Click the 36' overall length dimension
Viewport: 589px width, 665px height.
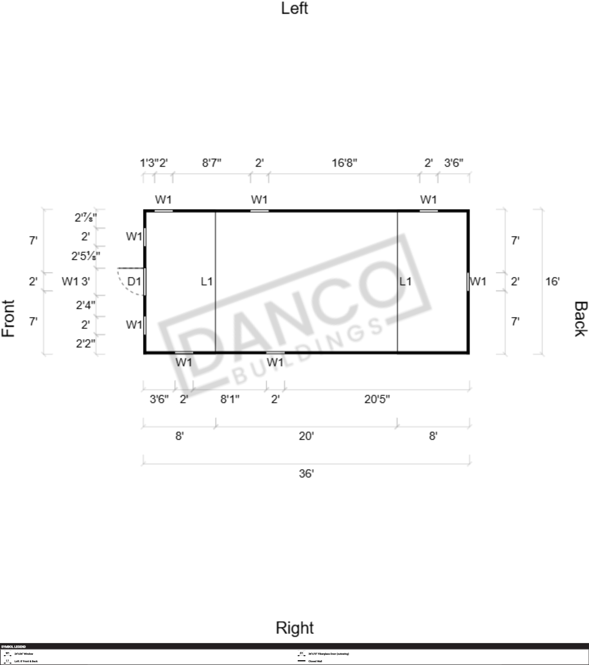tap(306, 473)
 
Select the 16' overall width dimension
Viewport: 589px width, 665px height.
tap(552, 282)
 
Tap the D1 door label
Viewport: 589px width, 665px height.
tap(134, 282)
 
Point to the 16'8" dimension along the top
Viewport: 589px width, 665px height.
tap(344, 163)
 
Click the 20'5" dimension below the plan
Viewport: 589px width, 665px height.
tap(377, 399)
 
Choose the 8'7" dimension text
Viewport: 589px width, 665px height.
tap(212, 163)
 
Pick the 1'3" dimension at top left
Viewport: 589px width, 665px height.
tap(149, 163)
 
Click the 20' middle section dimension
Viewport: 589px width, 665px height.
tap(306, 436)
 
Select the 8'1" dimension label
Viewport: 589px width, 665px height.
tap(230, 399)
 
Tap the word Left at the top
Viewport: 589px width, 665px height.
tap(294, 8)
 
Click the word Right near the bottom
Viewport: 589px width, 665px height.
tap(294, 628)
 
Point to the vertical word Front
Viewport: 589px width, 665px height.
tap(8, 319)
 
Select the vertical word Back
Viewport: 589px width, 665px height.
tap(581, 319)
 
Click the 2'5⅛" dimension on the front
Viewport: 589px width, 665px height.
tap(86, 256)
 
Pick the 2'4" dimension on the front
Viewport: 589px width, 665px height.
tap(86, 305)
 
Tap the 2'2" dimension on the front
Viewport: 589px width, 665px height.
tap(86, 343)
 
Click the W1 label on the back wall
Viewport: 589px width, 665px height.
tap(478, 282)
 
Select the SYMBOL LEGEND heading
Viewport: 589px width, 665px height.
tap(13, 647)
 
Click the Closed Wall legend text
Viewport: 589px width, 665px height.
tap(315, 661)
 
